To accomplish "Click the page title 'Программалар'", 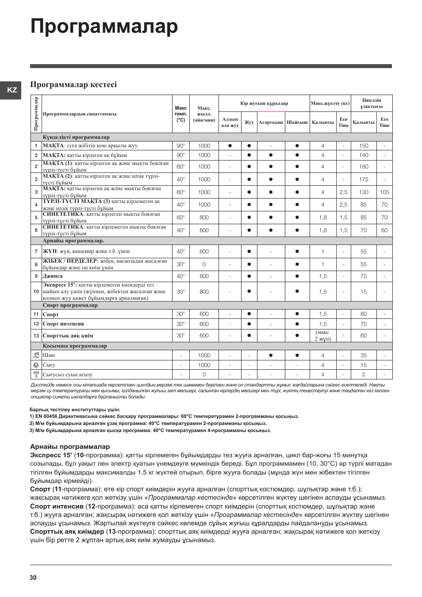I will tap(104, 27).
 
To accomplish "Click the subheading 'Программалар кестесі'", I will tap(73, 84).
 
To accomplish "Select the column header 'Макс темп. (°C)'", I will tap(180, 114).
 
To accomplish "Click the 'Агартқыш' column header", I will tap(271, 122).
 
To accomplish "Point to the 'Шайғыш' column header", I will tap(297, 122).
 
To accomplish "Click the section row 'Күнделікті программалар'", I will tap(76, 137).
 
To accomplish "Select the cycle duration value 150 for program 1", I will tap(364, 146).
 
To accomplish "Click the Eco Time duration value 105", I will tap(384, 192).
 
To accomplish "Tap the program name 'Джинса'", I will tap(53, 276).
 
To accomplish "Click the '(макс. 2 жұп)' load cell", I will tap(323, 336).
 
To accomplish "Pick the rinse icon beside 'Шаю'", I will tap(36, 355).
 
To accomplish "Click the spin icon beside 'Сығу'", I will tap(36, 365).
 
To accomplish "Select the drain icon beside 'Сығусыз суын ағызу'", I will tap(36, 375).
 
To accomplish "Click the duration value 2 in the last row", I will tap(364, 375).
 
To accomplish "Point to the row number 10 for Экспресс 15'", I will tap(36, 292).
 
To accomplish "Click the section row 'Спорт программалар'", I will tap(70, 306).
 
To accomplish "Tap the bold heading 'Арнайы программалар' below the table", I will tap(70, 447).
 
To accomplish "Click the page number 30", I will tap(34, 578).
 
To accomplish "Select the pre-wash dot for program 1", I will tap(230, 146).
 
